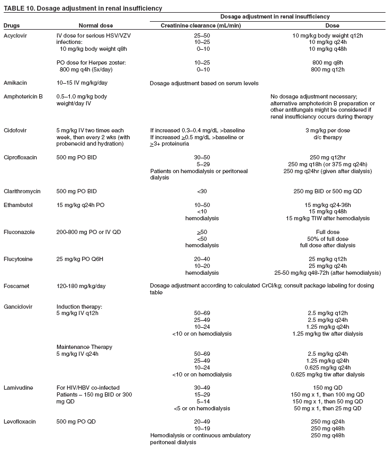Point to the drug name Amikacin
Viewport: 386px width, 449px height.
tap(15, 83)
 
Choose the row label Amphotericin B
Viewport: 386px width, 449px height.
tap(23, 97)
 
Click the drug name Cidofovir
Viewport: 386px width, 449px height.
tap(16, 130)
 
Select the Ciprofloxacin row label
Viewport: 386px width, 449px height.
tap(21, 157)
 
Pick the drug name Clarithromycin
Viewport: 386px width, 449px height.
tap(21, 191)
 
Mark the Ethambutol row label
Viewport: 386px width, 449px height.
tap(19, 204)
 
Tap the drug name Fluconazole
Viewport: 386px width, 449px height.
tap(19, 232)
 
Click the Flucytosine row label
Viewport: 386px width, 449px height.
tap(19, 259)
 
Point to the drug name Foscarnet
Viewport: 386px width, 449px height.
tap(17, 286)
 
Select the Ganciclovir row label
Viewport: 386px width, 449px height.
tap(19, 307)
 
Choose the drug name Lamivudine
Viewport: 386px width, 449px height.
tap(19, 388)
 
